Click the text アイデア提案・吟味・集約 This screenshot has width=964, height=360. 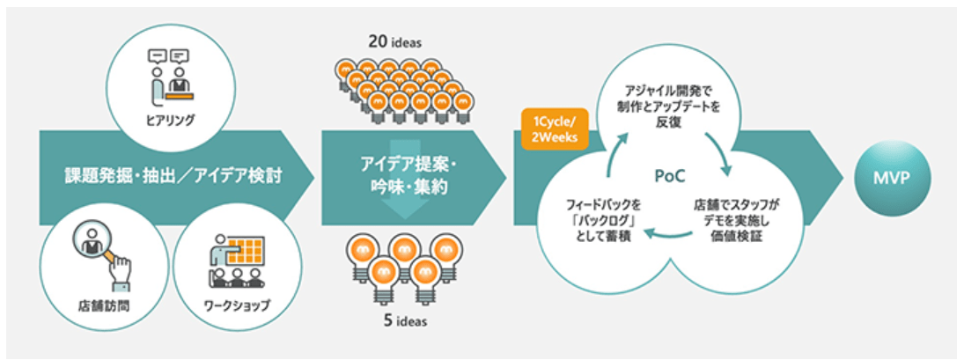pyautogui.click(x=408, y=176)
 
